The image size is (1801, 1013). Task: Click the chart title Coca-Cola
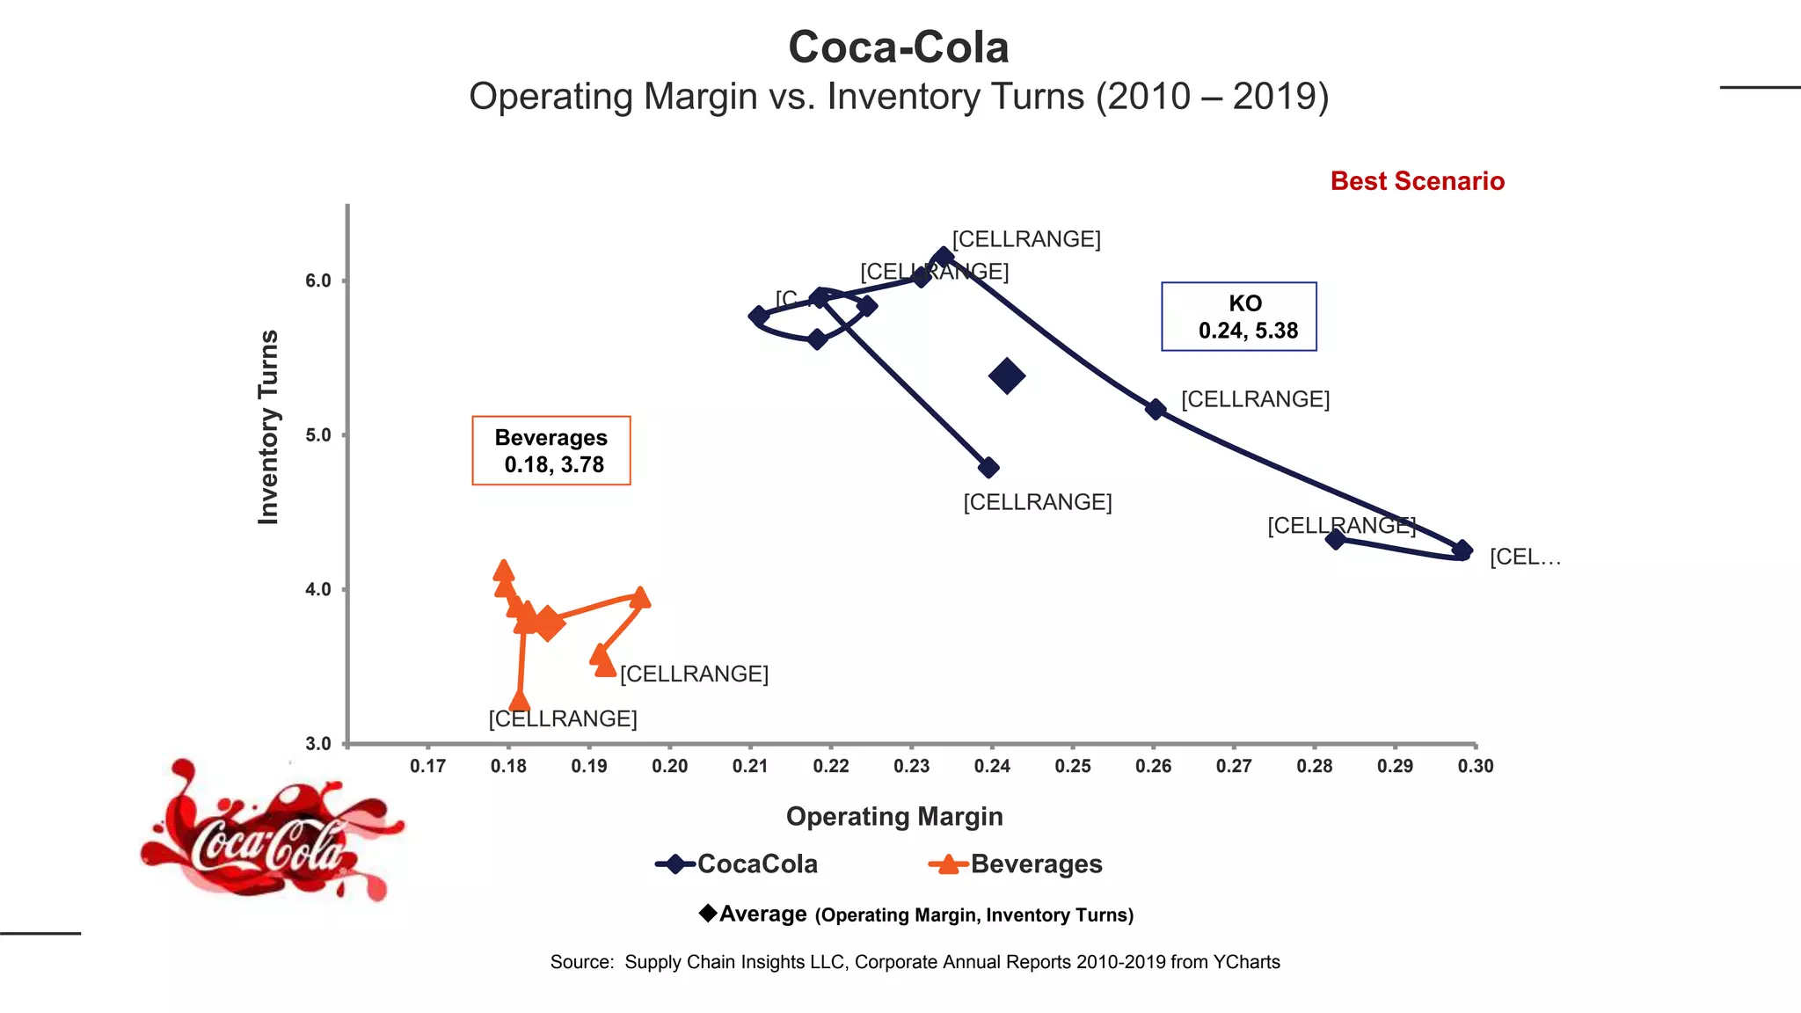click(898, 47)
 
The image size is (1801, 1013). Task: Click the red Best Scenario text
click(1417, 181)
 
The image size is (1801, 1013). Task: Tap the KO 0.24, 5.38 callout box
click(1238, 317)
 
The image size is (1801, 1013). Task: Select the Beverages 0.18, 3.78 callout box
click(551, 450)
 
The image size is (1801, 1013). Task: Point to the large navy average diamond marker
click(1007, 376)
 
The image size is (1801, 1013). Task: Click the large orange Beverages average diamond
click(547, 623)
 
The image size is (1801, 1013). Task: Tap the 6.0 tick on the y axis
click(318, 281)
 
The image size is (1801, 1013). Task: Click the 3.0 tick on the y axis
click(318, 744)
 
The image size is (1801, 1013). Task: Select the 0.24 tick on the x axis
click(992, 766)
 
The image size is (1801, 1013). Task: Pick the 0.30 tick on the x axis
click(1476, 766)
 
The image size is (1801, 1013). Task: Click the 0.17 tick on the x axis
click(428, 766)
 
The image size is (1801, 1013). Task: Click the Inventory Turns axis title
click(268, 427)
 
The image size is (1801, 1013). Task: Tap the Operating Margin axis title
click(894, 817)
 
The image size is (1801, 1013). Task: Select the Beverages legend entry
click(1016, 864)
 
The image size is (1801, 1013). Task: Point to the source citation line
click(915, 962)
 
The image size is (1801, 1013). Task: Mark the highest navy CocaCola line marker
click(944, 257)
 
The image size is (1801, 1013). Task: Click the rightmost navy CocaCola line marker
click(1462, 550)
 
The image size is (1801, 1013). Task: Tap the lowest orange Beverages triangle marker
click(520, 701)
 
